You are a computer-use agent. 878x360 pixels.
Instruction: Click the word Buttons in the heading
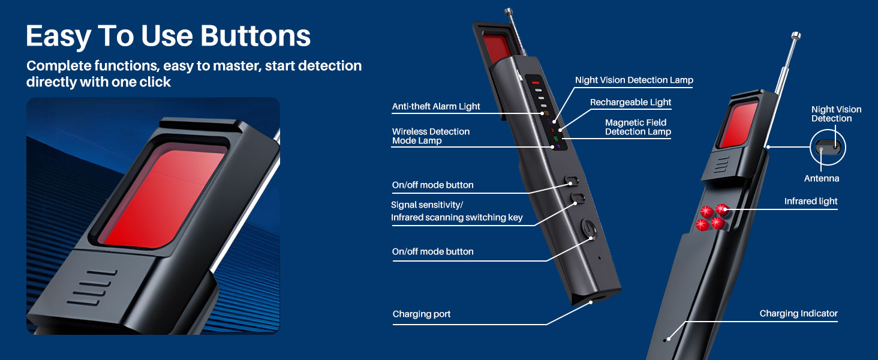coord(255,37)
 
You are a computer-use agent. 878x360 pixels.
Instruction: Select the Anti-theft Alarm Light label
coord(436,106)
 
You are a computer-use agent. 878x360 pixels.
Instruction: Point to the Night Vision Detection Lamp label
coord(634,80)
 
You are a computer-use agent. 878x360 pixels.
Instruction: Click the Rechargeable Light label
coord(630,103)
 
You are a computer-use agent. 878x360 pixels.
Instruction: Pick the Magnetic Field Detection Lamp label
coord(638,127)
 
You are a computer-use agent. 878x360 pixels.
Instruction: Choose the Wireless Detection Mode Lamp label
coord(431,136)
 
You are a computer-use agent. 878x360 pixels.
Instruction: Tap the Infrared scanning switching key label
coord(457,218)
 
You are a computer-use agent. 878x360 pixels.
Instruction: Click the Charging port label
coord(421,314)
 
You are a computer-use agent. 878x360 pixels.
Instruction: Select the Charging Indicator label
coord(798,313)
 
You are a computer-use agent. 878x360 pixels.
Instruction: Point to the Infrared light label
coord(811,202)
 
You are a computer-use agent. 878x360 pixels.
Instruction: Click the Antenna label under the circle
coord(822,179)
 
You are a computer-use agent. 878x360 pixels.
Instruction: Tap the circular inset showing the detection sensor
coord(826,147)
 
